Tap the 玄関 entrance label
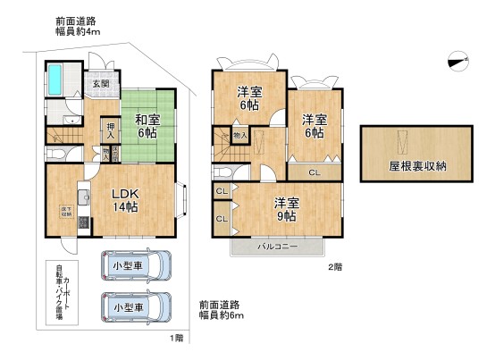click(x=100, y=85)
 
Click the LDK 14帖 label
click(x=124, y=199)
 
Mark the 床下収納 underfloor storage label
click(x=54, y=213)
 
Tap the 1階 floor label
click(x=178, y=338)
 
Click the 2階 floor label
click(x=334, y=265)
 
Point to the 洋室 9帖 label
click(x=286, y=207)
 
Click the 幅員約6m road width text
click(x=221, y=314)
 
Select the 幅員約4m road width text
click(x=77, y=31)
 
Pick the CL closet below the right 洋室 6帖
click(x=315, y=172)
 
